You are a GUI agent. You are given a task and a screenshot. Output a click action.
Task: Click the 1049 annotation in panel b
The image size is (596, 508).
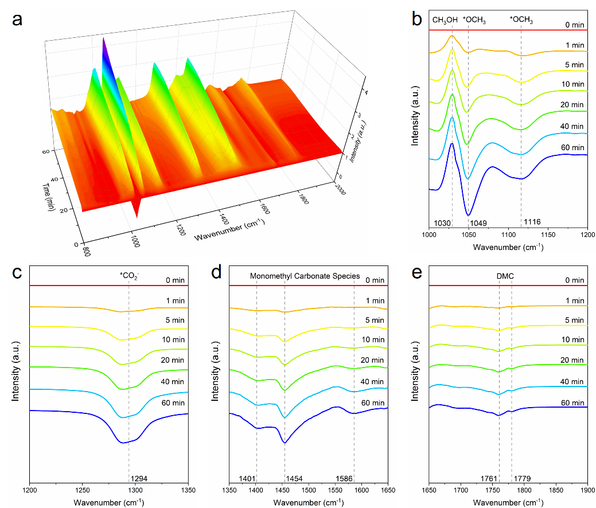click(478, 222)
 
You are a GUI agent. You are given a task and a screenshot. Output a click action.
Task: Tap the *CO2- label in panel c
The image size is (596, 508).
click(128, 276)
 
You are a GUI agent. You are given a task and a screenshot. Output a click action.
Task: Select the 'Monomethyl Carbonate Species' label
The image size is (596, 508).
click(305, 276)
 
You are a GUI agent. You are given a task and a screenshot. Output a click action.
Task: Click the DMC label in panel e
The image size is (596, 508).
click(505, 276)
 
